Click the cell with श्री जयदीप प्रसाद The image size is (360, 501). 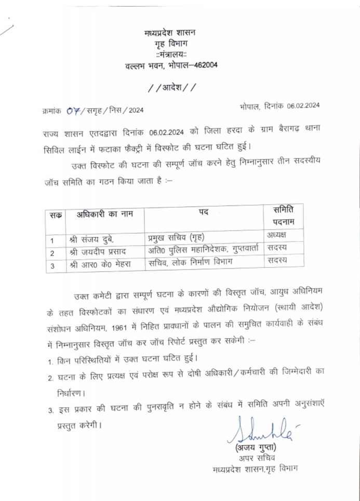click(x=97, y=253)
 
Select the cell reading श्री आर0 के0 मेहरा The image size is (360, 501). click(x=100, y=265)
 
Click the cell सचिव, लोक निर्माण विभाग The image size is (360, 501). click(x=191, y=263)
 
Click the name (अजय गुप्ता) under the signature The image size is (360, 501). click(x=256, y=447)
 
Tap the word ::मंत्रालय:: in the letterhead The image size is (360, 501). click(x=170, y=55)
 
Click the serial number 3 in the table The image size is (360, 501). click(x=52, y=266)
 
